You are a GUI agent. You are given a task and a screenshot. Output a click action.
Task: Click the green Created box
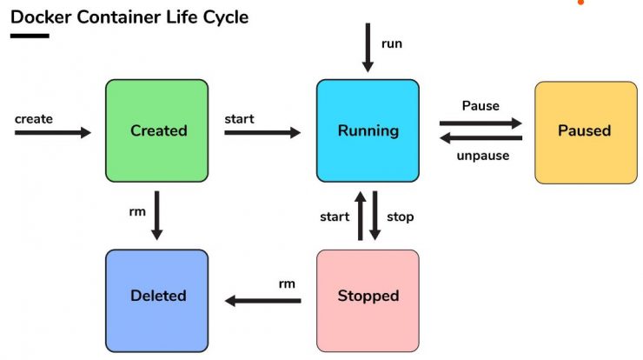click(156, 130)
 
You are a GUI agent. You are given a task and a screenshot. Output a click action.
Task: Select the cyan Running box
click(368, 130)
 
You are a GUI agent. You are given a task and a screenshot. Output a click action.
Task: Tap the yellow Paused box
click(586, 132)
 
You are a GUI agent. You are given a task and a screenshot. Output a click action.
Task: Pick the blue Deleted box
click(156, 301)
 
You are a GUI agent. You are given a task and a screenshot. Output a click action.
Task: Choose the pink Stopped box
click(368, 301)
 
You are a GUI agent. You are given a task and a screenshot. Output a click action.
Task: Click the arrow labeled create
click(53, 132)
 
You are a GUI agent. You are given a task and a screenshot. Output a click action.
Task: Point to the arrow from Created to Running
click(262, 132)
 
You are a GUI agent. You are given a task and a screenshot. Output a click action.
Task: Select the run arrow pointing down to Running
click(368, 48)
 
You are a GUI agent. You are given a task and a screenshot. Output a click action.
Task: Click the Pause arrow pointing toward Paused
click(481, 123)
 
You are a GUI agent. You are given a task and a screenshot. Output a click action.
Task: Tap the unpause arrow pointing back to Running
click(481, 138)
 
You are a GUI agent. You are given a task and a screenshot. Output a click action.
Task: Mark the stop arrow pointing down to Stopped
click(375, 216)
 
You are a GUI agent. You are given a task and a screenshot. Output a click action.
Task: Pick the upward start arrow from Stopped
click(361, 216)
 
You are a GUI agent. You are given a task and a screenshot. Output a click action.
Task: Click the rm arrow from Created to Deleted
click(156, 216)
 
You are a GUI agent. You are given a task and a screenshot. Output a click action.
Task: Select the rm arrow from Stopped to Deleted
click(263, 301)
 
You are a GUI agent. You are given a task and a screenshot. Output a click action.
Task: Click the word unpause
click(483, 156)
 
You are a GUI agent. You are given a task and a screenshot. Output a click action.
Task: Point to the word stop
click(401, 217)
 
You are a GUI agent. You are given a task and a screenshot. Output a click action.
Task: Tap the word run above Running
click(392, 44)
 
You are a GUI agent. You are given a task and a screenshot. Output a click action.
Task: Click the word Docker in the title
click(41, 17)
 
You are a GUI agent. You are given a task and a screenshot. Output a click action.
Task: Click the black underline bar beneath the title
click(30, 36)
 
